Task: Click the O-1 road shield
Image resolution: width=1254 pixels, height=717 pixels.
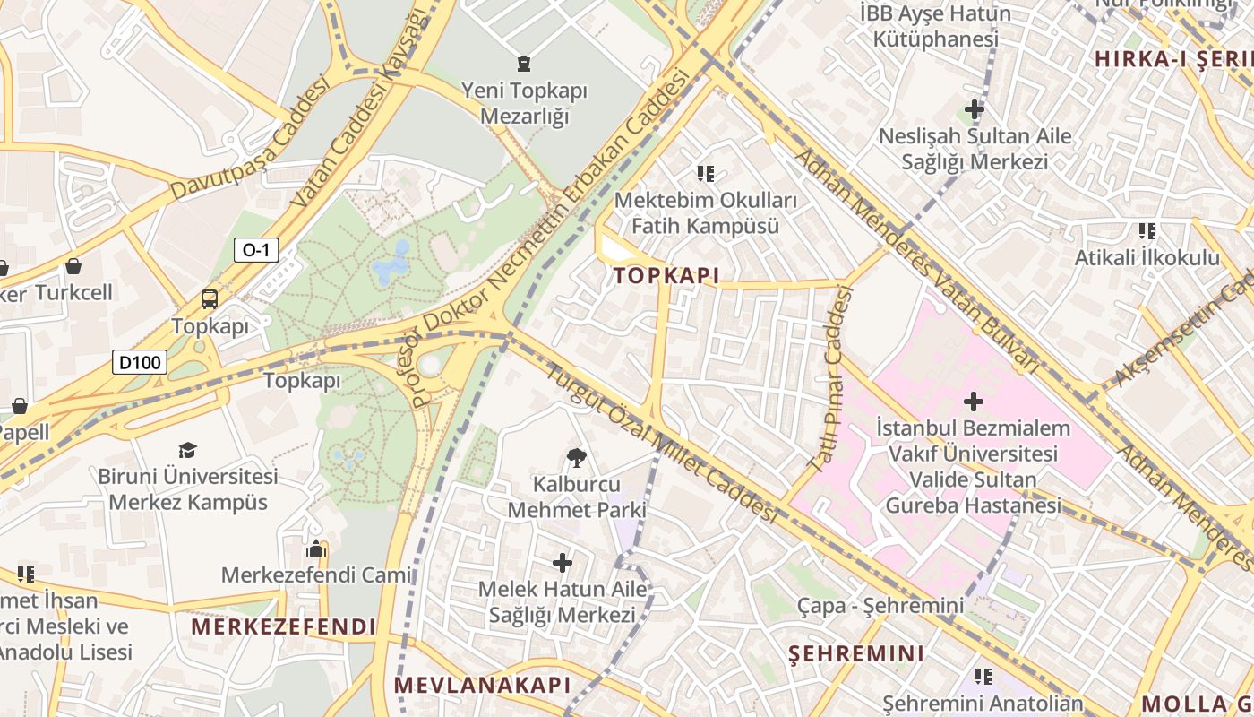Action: [x=256, y=250]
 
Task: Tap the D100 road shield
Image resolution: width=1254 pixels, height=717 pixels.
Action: [x=141, y=362]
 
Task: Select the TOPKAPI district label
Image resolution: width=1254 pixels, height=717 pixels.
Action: [x=666, y=276]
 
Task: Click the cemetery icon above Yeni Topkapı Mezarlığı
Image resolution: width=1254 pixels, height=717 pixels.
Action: [x=523, y=64]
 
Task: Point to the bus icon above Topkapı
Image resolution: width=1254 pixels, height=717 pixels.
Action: [x=210, y=299]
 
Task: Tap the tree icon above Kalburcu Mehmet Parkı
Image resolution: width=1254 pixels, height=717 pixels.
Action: [x=577, y=458]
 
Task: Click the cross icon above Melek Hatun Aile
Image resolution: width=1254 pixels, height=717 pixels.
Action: [x=563, y=563]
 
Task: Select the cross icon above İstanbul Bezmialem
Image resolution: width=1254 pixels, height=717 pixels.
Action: [x=973, y=401]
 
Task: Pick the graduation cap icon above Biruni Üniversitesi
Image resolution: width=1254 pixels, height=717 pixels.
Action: [x=187, y=450]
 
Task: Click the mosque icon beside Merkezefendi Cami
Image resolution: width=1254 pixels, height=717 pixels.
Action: [x=315, y=549]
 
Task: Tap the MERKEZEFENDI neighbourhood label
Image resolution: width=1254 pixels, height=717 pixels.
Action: [x=283, y=626]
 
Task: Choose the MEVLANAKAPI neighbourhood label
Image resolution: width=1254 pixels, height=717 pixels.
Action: [x=482, y=686]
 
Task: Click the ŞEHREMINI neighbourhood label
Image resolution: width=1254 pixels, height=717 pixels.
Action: [x=856, y=653]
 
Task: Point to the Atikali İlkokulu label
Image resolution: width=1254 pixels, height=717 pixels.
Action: [x=1147, y=258]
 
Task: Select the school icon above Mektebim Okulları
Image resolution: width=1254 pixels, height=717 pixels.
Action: [x=706, y=174]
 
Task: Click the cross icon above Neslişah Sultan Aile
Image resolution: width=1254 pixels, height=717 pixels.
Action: [x=975, y=110]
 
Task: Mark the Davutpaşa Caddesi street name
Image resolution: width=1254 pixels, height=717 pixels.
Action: [x=250, y=138]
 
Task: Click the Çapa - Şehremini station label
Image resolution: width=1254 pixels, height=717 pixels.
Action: [x=880, y=606]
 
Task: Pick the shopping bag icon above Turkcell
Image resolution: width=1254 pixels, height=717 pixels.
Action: [x=73, y=266]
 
